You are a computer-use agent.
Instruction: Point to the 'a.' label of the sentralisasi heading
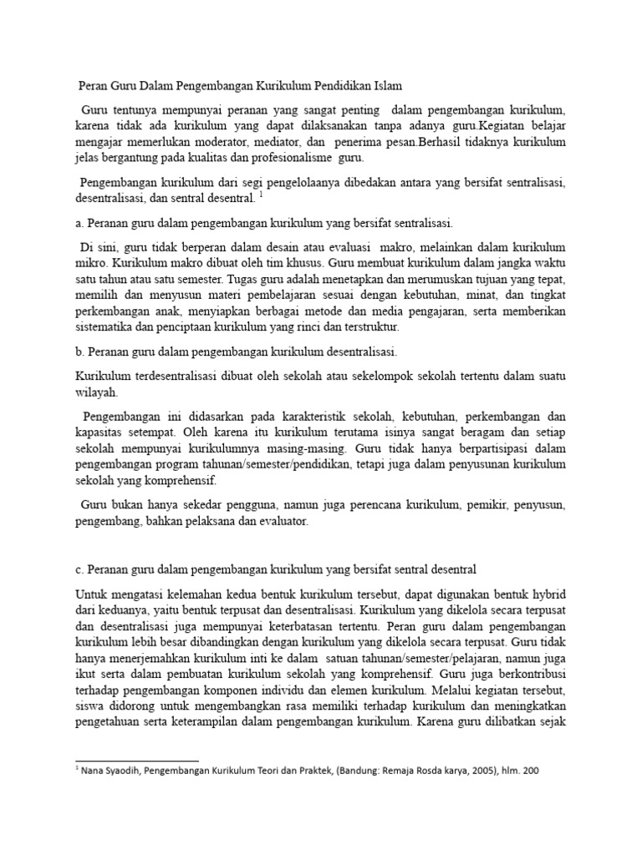79,224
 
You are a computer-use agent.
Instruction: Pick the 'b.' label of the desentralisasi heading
80,352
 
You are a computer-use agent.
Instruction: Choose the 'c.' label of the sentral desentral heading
79,570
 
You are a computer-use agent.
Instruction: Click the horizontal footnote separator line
137,760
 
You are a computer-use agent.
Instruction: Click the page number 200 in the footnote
529,772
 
